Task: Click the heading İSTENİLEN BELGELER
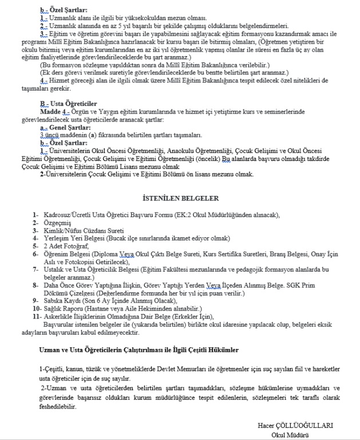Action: point(180,198)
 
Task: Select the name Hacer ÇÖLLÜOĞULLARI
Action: point(296,426)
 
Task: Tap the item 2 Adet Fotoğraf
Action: point(68,245)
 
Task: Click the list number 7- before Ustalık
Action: point(36,269)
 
